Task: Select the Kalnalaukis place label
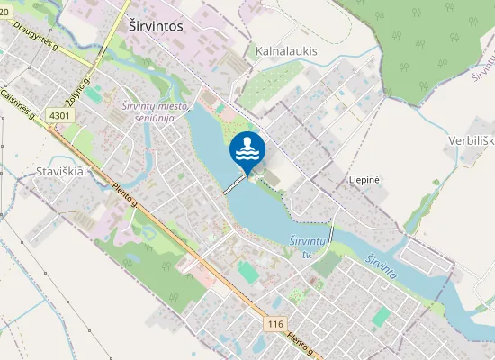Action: (x=287, y=51)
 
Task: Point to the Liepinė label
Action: (x=364, y=180)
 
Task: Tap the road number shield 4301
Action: (x=60, y=116)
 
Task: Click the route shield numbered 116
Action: (x=276, y=322)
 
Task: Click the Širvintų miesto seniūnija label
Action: (x=154, y=112)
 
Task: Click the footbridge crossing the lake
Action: (x=234, y=183)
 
